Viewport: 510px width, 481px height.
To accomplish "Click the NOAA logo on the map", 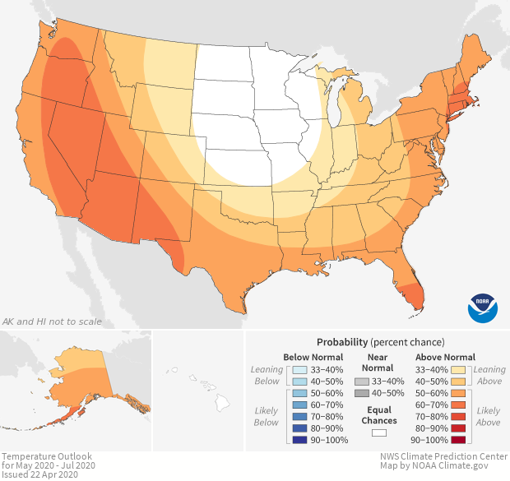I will tap(482, 307).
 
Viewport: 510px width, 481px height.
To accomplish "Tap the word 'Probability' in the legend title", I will tap(341, 341).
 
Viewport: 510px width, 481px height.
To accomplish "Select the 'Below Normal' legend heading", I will tap(313, 357).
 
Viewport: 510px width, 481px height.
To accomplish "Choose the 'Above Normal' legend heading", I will tap(445, 357).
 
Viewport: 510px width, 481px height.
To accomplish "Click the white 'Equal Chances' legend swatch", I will tap(379, 432).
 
